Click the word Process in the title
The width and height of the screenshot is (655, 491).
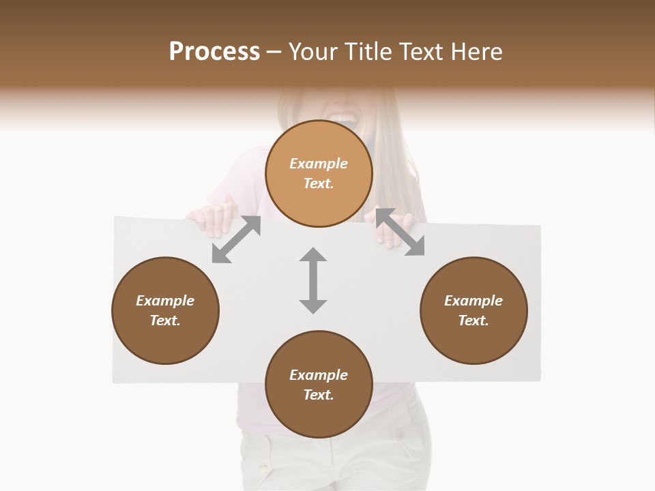(x=214, y=52)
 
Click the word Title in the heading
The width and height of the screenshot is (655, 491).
(x=370, y=52)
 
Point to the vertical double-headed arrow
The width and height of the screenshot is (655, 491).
(x=313, y=280)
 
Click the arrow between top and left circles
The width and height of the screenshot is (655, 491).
(x=236, y=239)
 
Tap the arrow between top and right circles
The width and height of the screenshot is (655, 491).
(x=400, y=232)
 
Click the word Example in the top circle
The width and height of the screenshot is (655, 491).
(x=319, y=164)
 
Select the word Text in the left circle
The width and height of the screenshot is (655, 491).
(x=165, y=321)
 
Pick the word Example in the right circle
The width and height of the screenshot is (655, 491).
(x=474, y=301)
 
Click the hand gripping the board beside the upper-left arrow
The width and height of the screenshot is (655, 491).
(x=217, y=214)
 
